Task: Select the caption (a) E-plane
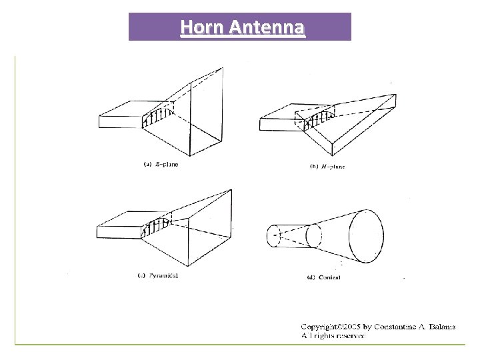[161, 165]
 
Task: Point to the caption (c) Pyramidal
[160, 275]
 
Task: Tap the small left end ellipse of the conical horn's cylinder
[273, 237]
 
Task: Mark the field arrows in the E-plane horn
[157, 118]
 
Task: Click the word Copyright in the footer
[317, 327]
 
